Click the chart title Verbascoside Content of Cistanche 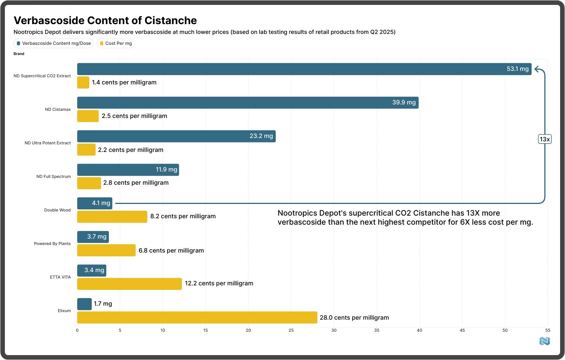point(105,20)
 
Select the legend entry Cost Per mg point(116,43)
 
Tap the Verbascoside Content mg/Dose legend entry point(53,43)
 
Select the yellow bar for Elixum point(197,317)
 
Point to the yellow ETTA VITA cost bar point(129,284)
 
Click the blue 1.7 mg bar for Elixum point(84,304)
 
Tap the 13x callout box point(545,139)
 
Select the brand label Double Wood point(57,210)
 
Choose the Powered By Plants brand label point(52,244)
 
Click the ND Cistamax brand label point(58,109)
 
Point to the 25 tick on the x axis point(291,330)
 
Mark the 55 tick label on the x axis point(548,330)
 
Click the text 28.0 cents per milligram point(354,317)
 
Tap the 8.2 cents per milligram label point(183,216)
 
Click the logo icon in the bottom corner point(544,341)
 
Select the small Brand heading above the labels point(19,54)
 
